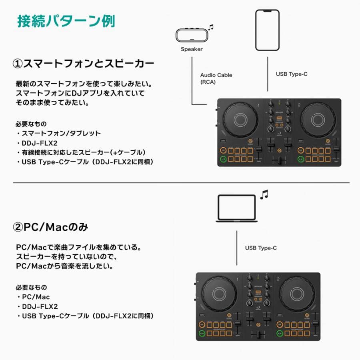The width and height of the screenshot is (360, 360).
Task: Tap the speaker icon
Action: click(x=192, y=35)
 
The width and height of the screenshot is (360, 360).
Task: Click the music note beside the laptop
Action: click(x=264, y=194)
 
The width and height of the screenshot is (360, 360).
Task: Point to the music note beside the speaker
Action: click(x=211, y=27)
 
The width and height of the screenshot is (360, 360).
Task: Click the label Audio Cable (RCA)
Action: click(x=216, y=78)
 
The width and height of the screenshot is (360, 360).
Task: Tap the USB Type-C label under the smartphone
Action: click(x=292, y=74)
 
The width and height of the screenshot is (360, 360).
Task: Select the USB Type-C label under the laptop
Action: click(x=261, y=248)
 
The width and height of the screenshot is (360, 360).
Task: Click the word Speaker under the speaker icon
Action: click(x=192, y=49)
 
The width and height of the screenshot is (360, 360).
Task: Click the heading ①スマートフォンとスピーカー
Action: click(x=84, y=64)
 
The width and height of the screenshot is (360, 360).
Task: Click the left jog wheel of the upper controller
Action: click(x=238, y=120)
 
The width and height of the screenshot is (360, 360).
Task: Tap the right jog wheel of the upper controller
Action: click(x=318, y=120)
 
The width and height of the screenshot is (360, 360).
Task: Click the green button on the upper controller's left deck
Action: click(x=222, y=159)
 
